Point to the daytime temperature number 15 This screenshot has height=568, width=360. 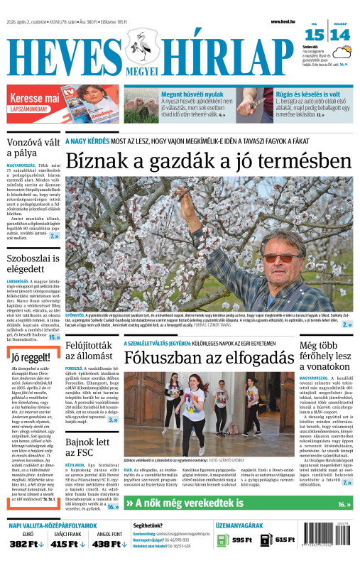pyautogui.click(x=315, y=35)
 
